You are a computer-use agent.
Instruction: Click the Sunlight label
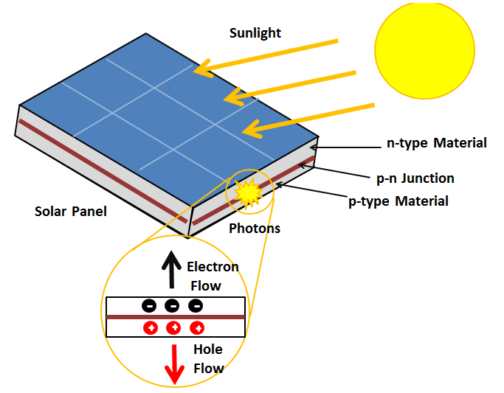pos(255,33)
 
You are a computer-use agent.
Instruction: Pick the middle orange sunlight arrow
pos(291,85)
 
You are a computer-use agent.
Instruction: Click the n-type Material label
pos(436,143)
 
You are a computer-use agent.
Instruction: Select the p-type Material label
pos(398,201)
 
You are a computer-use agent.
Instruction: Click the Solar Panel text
pos(71,212)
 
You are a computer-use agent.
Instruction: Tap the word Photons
pos(255,229)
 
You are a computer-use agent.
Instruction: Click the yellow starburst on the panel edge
pos(248,193)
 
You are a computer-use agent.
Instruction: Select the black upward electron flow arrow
pos(171,270)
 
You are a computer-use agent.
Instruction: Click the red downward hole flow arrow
pos(175,363)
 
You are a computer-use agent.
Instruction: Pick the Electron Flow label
pos(212,276)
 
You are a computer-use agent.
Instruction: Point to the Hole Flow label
pos(208,358)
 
